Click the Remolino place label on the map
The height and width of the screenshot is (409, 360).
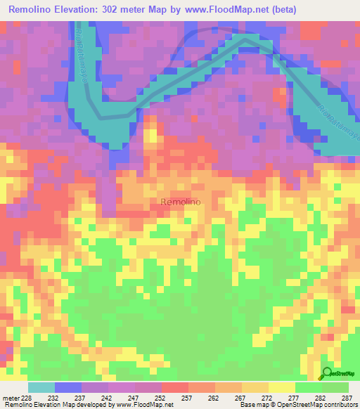pyautogui.click(x=181, y=202)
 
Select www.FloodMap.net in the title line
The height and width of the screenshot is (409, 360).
pyautogui.click(x=219, y=10)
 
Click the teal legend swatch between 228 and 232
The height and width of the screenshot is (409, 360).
pyautogui.click(x=41, y=387)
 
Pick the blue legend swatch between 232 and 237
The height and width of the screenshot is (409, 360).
pyautogui.click(x=68, y=387)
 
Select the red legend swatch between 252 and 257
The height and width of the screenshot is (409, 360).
pyautogui.click(x=175, y=387)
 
